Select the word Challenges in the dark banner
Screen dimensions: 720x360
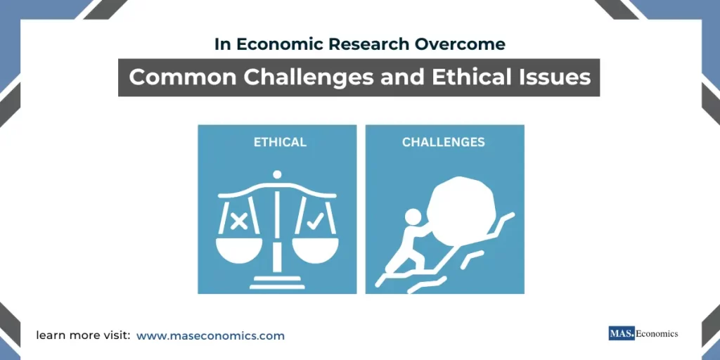pos(308,77)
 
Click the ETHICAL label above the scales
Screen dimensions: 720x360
pos(280,142)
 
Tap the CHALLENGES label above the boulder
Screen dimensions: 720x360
pos(443,142)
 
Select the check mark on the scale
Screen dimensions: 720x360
pos(315,221)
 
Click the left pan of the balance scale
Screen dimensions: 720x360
pos(239,250)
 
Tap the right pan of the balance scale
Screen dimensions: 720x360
pos(315,250)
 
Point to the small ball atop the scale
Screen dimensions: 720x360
pos(277,174)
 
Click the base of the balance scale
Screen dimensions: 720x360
pos(277,282)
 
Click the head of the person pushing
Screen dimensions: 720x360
pos(412,217)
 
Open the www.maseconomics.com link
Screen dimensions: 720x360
pos(210,335)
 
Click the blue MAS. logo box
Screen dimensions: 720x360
pos(622,333)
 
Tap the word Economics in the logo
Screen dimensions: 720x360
pos(657,333)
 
